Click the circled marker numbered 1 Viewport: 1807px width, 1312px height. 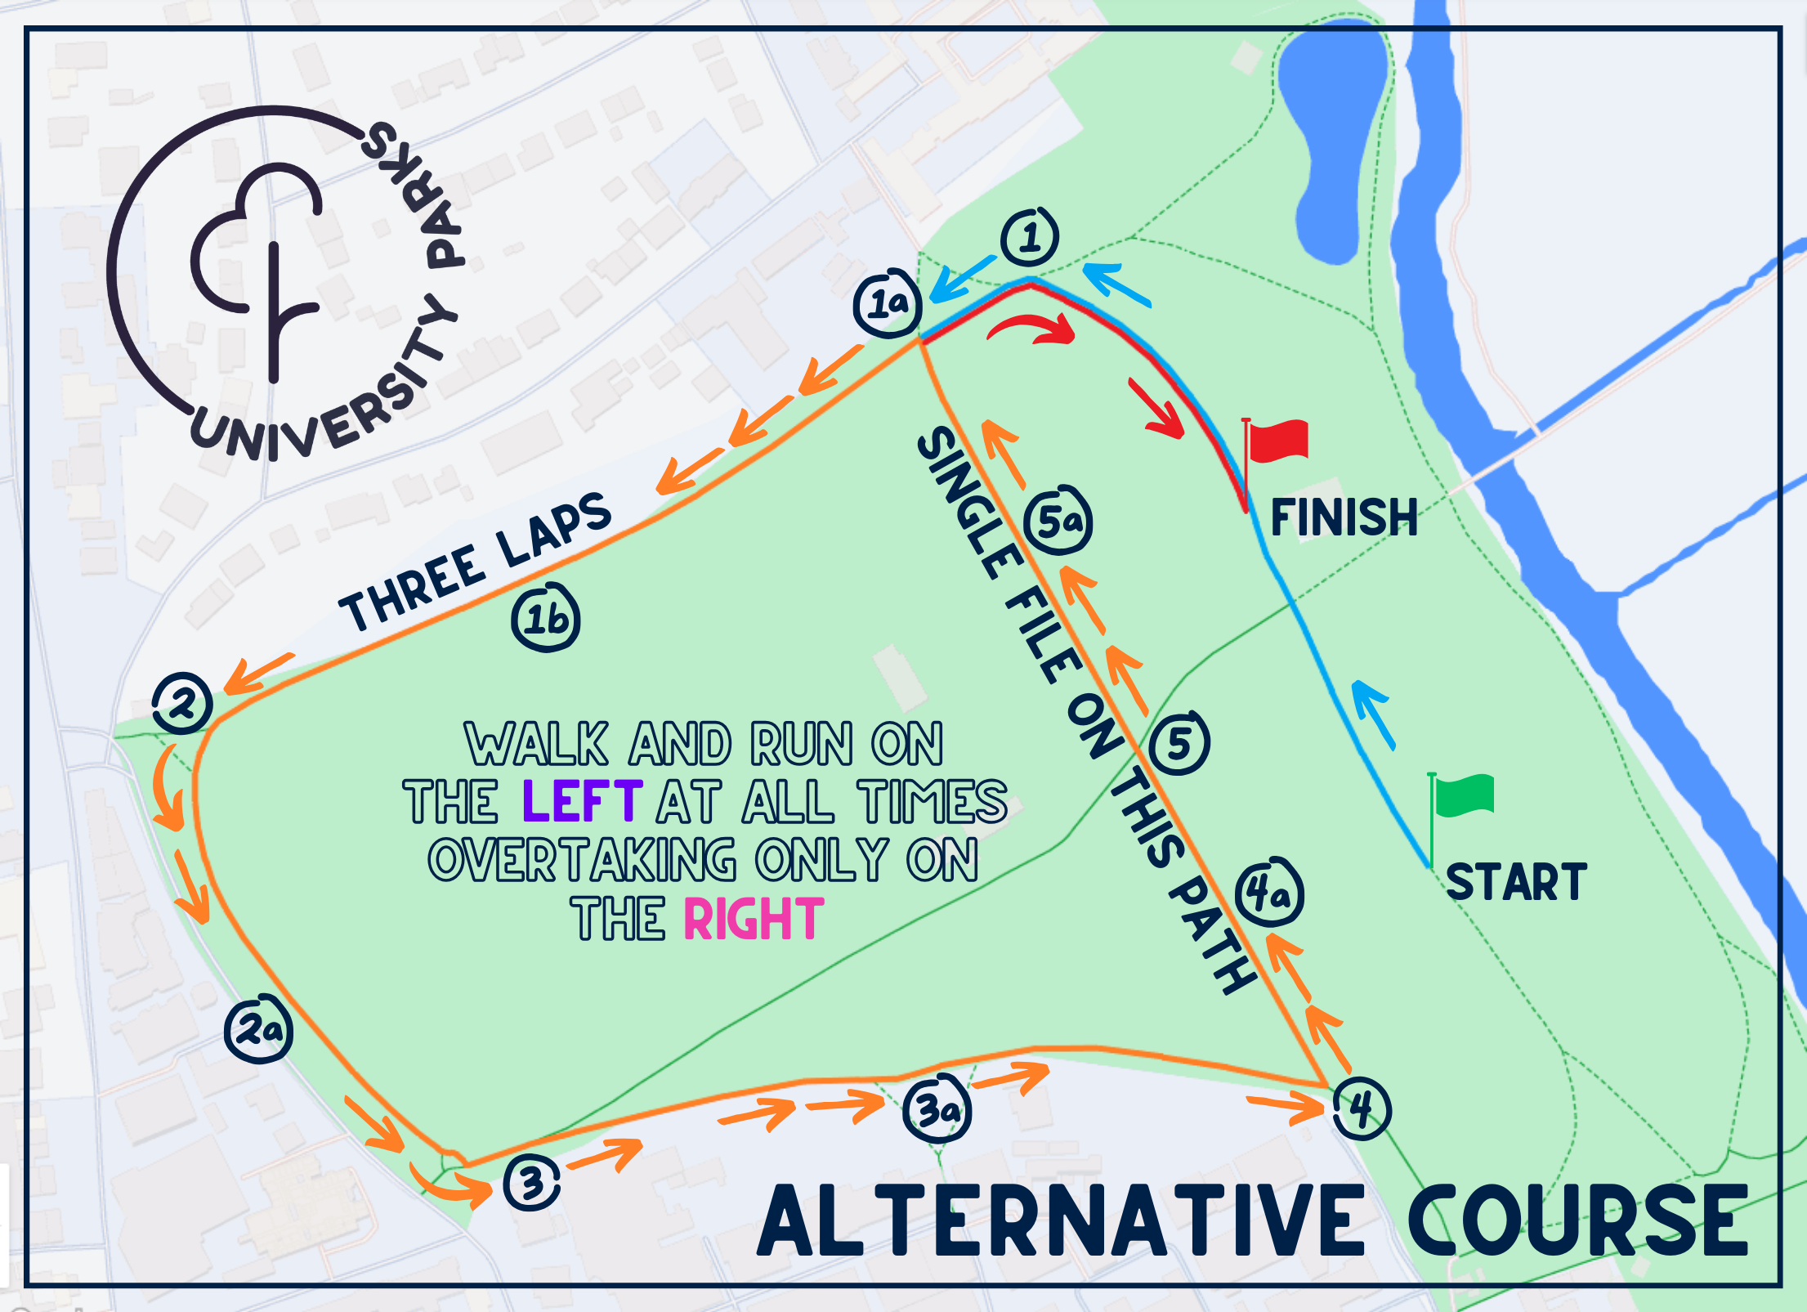point(1030,237)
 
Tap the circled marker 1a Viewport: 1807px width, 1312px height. point(888,304)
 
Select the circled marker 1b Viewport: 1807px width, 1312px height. point(546,618)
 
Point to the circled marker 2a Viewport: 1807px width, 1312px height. point(258,1028)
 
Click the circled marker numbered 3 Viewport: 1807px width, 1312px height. point(532,1183)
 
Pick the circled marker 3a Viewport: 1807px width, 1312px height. point(937,1109)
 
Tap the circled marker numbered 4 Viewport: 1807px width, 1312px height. point(1361,1108)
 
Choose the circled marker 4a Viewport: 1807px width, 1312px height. point(1268,893)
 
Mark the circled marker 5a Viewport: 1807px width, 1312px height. point(1058,520)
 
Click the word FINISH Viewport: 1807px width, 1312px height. point(1344,517)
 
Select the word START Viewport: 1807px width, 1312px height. point(1516,883)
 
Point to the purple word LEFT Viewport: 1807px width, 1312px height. point(582,801)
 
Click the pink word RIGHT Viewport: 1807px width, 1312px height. point(754,920)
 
